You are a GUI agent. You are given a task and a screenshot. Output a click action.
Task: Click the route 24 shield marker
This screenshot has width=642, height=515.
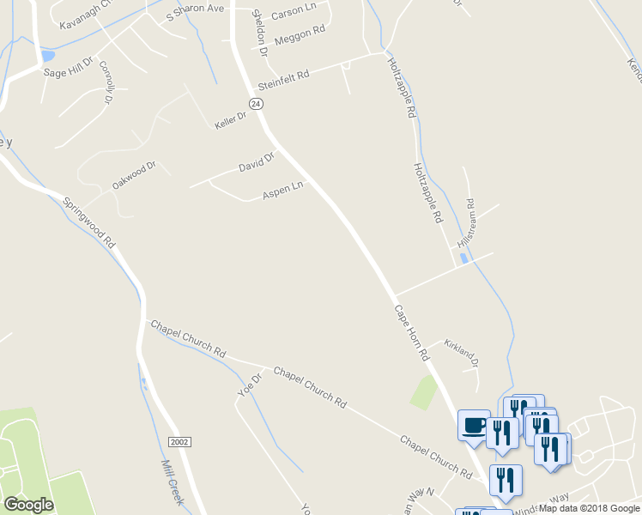pyautogui.click(x=255, y=103)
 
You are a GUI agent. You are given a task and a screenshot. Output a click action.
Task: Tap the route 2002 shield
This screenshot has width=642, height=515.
pyautogui.click(x=179, y=441)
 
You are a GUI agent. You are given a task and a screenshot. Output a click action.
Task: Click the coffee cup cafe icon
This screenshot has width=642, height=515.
pyautogui.click(x=475, y=425)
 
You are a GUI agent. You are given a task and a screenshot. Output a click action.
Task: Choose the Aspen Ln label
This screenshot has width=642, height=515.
pyautogui.click(x=283, y=191)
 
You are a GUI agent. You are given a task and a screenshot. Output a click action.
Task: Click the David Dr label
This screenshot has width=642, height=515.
pyautogui.click(x=256, y=161)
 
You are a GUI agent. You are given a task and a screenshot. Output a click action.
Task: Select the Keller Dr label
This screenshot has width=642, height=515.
pyautogui.click(x=230, y=120)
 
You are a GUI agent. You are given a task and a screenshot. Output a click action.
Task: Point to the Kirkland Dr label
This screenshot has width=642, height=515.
pyautogui.click(x=461, y=353)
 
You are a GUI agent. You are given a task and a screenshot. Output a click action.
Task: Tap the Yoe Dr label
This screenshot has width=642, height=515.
pyautogui.click(x=249, y=384)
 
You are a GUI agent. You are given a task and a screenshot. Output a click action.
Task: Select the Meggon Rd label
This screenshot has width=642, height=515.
pyautogui.click(x=300, y=35)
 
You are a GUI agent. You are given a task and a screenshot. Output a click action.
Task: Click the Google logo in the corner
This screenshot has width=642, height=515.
pyautogui.click(x=28, y=504)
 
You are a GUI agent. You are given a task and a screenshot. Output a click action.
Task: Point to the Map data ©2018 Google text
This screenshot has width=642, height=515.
pyautogui.click(x=589, y=508)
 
